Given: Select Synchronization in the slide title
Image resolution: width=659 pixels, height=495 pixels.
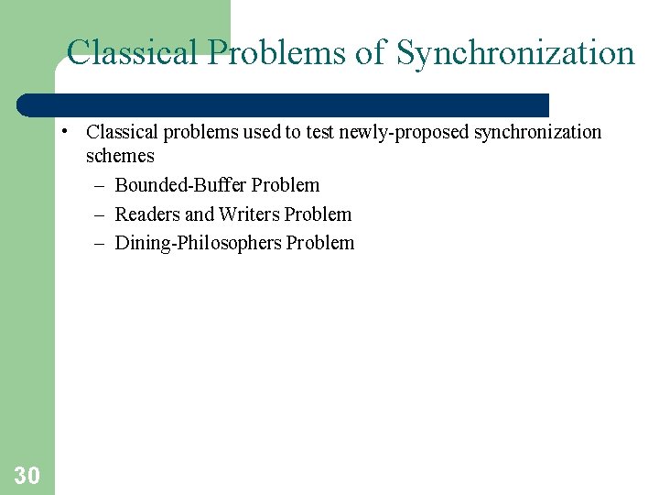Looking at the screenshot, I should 515,53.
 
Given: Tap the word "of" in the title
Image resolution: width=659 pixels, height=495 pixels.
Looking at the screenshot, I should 371,53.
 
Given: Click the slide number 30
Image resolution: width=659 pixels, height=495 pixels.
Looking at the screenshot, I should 27,475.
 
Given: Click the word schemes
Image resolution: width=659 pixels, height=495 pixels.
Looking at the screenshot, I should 120,156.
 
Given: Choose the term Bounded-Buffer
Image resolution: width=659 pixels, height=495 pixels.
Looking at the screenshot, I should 180,185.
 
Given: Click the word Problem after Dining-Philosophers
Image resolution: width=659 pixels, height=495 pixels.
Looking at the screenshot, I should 320,243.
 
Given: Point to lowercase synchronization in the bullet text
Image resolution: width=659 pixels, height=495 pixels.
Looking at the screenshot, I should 537,132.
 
